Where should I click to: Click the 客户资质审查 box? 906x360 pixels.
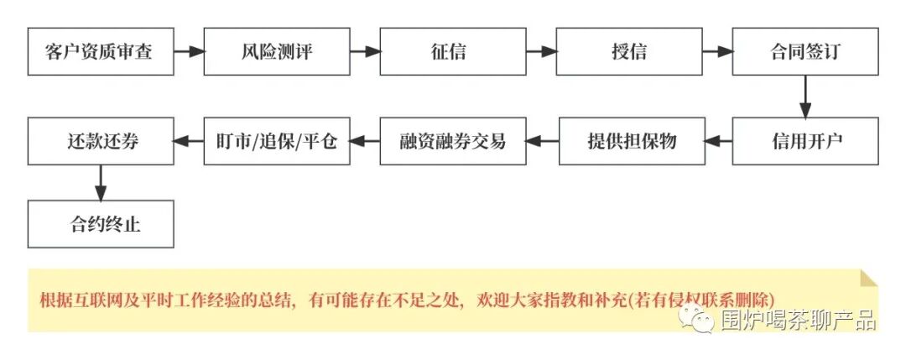(x=101, y=51)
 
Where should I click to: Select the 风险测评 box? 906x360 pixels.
(x=277, y=51)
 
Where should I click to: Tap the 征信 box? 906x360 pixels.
(x=453, y=51)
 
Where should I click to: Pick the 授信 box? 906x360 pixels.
(x=629, y=51)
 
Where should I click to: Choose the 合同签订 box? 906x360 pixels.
(x=805, y=51)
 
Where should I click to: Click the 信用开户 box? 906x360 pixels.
(x=805, y=140)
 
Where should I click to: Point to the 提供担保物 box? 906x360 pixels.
(x=629, y=140)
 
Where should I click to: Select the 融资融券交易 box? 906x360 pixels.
(x=453, y=140)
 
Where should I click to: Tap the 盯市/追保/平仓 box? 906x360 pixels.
(x=277, y=140)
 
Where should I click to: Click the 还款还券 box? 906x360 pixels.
(x=101, y=140)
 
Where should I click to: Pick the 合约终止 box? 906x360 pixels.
(x=101, y=224)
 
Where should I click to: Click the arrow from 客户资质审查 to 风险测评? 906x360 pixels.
(x=189, y=51)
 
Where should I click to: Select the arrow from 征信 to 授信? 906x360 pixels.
(x=541, y=51)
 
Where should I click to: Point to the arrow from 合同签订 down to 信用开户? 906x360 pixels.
(x=805, y=96)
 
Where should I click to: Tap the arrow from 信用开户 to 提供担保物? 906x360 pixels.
(x=717, y=140)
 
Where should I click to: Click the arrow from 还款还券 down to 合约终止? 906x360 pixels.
(x=101, y=182)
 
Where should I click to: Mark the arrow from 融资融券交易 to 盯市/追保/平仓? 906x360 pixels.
(x=365, y=140)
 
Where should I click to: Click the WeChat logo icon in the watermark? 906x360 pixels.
(x=696, y=318)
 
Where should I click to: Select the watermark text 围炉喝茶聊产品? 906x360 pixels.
(x=797, y=319)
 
